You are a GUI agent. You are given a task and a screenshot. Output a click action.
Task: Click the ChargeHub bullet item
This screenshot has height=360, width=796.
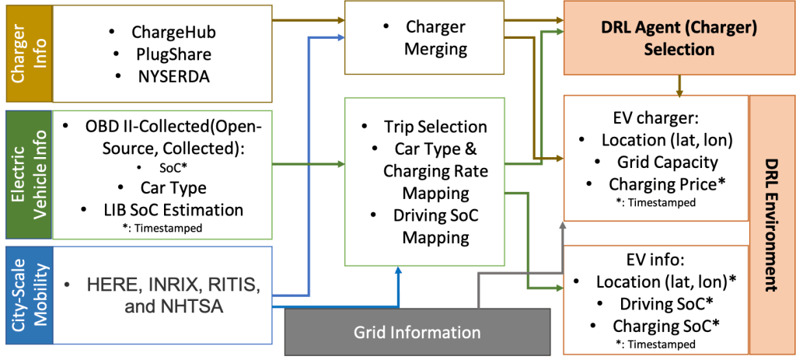tap(173, 33)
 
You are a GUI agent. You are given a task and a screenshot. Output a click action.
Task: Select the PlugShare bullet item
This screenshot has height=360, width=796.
tap(173, 54)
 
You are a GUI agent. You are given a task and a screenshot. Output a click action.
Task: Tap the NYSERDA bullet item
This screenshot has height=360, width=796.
tap(173, 76)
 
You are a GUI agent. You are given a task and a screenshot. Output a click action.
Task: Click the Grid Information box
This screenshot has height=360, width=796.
tap(417, 332)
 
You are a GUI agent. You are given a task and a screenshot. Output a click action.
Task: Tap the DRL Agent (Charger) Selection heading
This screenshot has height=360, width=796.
tap(679, 37)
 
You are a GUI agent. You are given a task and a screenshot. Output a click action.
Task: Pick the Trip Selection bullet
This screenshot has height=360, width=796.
tap(435, 127)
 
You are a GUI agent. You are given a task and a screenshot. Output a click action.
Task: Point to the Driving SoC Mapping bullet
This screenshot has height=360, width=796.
tap(435, 226)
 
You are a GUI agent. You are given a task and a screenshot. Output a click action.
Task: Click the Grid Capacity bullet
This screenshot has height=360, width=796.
tap(666, 163)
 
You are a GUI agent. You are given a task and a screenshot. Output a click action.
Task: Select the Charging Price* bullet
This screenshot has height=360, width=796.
tap(668, 185)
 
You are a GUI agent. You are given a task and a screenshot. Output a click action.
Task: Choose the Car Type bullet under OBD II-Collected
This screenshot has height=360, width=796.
tap(173, 187)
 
